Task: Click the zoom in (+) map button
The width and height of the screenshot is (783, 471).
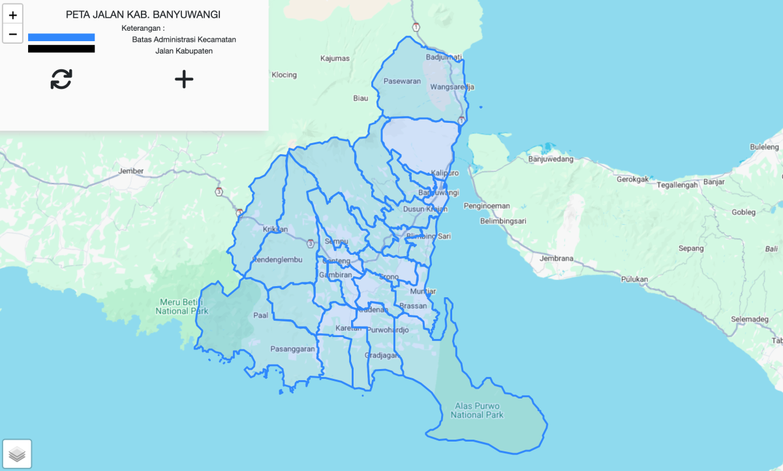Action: [x=12, y=14]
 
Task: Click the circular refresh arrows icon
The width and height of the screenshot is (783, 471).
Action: [x=61, y=79]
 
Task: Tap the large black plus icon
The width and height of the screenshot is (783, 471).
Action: [x=184, y=79]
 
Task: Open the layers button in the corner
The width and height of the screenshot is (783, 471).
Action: [x=18, y=454]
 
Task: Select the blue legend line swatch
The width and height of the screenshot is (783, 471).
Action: [x=61, y=37]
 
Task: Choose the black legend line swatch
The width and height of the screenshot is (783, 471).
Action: [x=61, y=49]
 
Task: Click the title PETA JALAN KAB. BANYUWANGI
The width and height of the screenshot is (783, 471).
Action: [x=143, y=14]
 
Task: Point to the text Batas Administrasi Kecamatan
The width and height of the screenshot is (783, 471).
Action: [x=184, y=39]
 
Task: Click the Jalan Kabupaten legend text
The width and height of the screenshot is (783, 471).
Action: [x=184, y=51]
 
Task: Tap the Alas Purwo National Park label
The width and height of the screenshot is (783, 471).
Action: [x=477, y=410]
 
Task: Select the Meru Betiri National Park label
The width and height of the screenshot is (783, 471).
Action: [x=181, y=306]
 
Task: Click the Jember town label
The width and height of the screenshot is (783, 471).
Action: [x=130, y=171]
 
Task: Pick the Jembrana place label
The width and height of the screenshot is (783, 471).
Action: [x=556, y=259]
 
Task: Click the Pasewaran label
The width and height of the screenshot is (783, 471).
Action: [x=402, y=82]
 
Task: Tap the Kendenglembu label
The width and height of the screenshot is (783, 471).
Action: [x=277, y=259]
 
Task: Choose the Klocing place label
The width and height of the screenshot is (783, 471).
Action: [x=284, y=74]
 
